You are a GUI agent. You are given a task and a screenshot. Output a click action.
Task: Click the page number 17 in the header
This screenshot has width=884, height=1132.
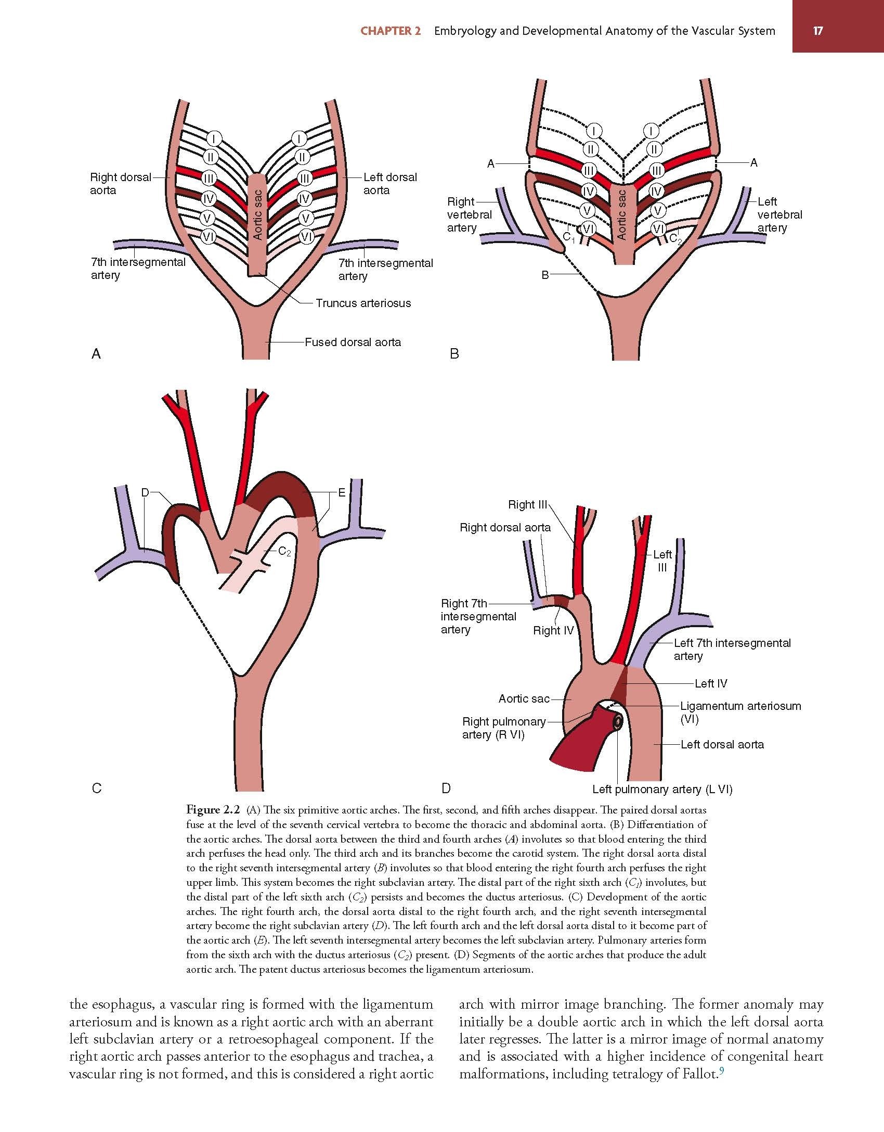pyautogui.click(x=818, y=31)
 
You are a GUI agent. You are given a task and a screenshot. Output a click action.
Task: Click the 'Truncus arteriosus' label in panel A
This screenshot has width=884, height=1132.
pyautogui.click(x=363, y=303)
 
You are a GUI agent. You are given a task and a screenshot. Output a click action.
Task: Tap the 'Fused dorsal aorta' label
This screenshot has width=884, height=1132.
pyautogui.click(x=353, y=342)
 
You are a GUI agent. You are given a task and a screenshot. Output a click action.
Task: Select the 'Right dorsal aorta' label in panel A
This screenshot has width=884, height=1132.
pyautogui.click(x=121, y=184)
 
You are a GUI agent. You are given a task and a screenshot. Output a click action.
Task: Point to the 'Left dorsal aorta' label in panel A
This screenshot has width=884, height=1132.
pyautogui.click(x=390, y=184)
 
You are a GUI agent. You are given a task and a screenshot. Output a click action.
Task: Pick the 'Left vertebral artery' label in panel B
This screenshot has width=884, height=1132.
pyautogui.click(x=779, y=214)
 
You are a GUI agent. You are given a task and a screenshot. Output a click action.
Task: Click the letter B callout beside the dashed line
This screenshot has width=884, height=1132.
pyautogui.click(x=545, y=275)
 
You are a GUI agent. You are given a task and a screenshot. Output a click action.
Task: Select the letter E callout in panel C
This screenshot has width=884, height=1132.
pyautogui.click(x=342, y=492)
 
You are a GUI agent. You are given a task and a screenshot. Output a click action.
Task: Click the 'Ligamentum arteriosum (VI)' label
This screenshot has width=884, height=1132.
pyautogui.click(x=740, y=713)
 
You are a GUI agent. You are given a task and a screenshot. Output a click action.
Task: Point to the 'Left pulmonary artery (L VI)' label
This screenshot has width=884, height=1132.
pyautogui.click(x=662, y=789)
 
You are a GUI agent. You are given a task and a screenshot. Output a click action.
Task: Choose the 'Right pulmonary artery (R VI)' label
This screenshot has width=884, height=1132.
pyautogui.click(x=504, y=728)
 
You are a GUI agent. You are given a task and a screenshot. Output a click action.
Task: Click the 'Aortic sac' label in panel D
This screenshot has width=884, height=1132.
pyautogui.click(x=524, y=698)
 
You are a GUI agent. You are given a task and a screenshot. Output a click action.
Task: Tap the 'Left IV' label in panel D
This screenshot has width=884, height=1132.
pyautogui.click(x=711, y=683)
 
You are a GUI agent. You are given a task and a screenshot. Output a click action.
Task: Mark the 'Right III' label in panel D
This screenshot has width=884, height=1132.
pyautogui.click(x=528, y=504)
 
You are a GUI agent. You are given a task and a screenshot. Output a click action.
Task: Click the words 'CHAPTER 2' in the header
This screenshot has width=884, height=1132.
pyautogui.click(x=391, y=31)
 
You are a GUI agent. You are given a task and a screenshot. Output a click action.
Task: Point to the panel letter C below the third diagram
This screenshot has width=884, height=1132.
pyautogui.click(x=96, y=788)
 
